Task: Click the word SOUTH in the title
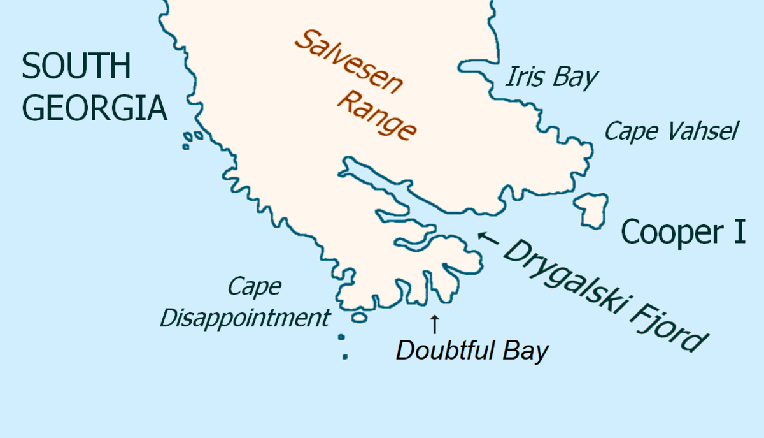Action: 76,66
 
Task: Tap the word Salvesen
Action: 347,63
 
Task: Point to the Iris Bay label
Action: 551,77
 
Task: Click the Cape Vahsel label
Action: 671,132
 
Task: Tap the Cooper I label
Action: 683,231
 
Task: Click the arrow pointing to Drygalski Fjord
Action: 488,239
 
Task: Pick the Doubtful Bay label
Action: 472,351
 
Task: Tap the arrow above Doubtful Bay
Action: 434,324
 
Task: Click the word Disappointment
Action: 245,317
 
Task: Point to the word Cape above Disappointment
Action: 255,286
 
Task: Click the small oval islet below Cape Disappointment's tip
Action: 359,316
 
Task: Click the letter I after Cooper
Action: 738,231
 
